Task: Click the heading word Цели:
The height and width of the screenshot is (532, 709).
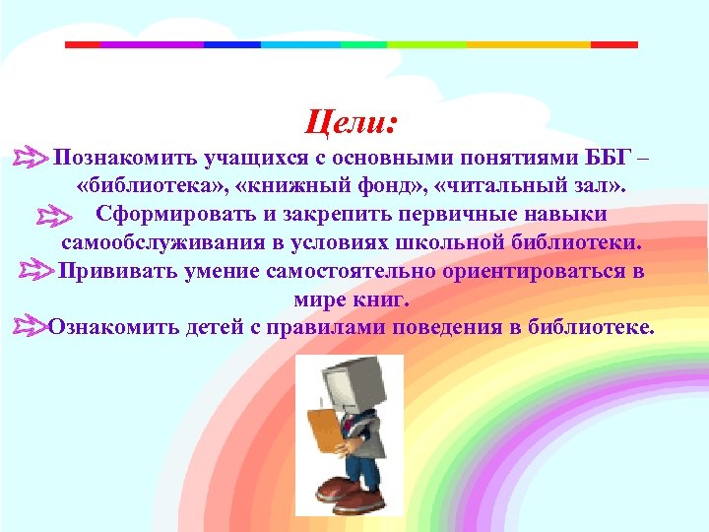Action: coord(352,123)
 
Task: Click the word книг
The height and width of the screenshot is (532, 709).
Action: coord(386,298)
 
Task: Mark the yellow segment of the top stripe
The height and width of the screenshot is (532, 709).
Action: coord(528,44)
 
